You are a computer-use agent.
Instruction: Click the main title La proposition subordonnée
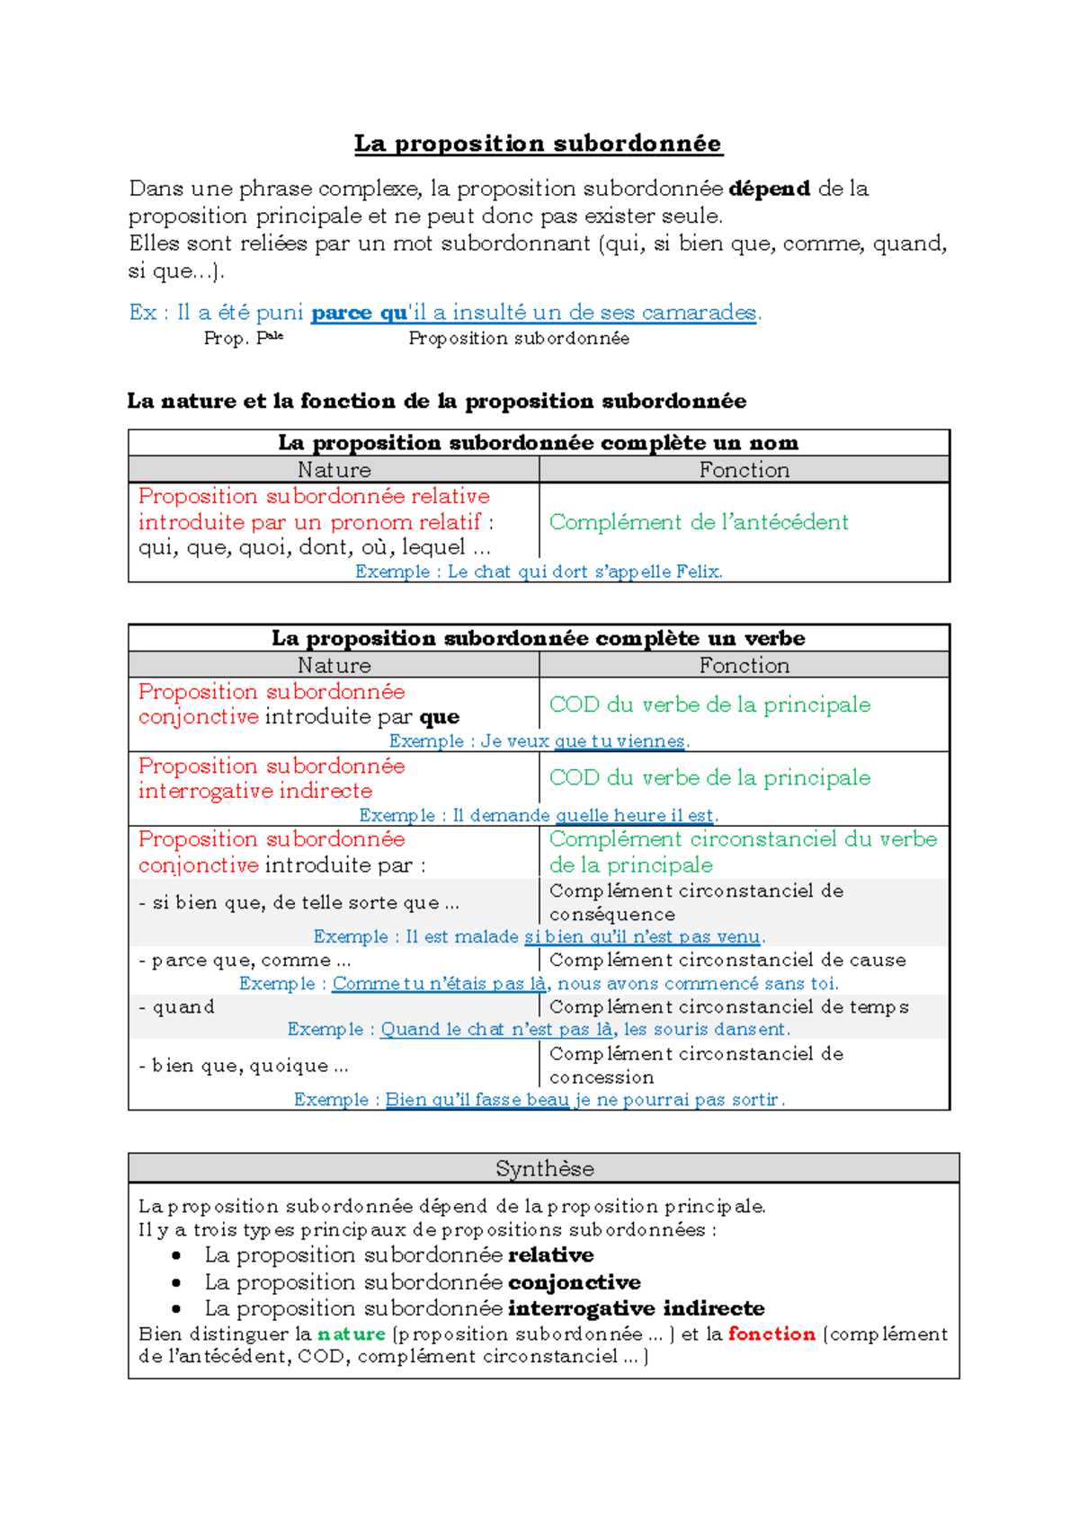point(538,143)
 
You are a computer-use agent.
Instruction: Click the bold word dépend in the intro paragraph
point(769,189)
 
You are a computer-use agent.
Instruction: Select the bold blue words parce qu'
point(359,313)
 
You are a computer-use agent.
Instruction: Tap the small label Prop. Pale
point(243,339)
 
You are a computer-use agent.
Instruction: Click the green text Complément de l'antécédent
point(699,522)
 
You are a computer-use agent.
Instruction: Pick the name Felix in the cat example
point(701,571)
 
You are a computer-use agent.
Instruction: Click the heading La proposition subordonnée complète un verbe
point(538,638)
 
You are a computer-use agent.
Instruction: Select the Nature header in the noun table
point(334,470)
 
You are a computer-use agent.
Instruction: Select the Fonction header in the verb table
point(744,666)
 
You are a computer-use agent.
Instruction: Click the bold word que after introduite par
point(440,717)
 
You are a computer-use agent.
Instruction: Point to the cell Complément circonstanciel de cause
point(727,960)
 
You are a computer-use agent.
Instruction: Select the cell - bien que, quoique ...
point(244,1066)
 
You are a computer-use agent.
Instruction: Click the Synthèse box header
point(544,1168)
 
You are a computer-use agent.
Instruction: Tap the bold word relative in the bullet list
point(550,1255)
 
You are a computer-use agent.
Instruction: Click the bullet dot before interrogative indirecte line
point(176,1309)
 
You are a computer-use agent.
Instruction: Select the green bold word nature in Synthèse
point(352,1334)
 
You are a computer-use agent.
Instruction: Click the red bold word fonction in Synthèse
point(771,1334)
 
